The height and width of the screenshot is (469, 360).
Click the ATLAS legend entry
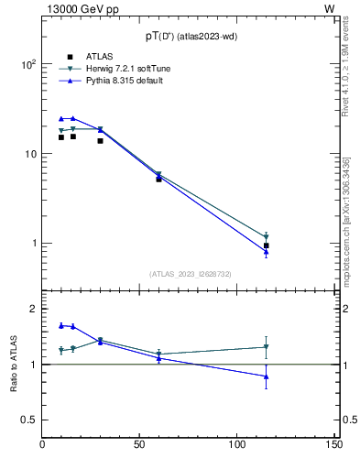tap(87, 57)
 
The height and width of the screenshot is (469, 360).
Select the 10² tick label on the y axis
tap(27, 65)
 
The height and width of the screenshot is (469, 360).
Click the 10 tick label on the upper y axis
tap(29, 154)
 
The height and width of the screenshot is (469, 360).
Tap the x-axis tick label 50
tap(140, 445)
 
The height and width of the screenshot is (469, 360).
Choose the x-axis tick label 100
tap(237, 445)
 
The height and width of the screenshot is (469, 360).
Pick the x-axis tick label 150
tap(334, 445)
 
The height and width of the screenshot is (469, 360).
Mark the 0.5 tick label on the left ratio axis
tap(27, 420)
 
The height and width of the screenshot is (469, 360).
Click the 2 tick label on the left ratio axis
tap(33, 310)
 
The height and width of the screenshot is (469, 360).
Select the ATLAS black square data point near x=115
tap(266, 245)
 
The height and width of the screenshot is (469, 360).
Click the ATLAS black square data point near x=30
tap(100, 141)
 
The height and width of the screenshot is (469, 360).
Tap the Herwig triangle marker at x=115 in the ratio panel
tap(266, 347)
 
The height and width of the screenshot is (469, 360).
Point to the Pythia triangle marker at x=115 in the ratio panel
tap(266, 376)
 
